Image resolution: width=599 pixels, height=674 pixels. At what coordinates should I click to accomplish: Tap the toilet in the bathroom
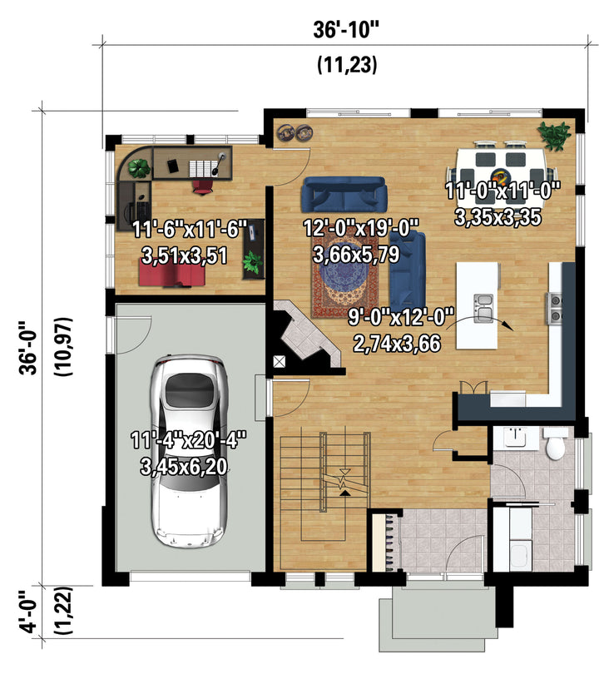[555, 444]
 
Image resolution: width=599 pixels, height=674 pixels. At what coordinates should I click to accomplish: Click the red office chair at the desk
[202, 187]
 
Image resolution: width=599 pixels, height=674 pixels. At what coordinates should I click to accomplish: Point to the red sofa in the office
[172, 275]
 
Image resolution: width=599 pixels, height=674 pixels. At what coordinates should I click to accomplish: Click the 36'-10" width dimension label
[346, 31]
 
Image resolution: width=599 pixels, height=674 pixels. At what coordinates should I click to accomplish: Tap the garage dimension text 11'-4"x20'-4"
[188, 440]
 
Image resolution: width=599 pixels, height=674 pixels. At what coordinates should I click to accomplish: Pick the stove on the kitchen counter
[554, 308]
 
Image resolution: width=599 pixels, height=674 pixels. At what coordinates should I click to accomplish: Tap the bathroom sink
[516, 437]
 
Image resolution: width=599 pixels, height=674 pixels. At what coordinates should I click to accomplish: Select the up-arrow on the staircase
[344, 493]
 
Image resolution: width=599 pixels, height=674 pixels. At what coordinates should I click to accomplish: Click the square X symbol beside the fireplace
[280, 361]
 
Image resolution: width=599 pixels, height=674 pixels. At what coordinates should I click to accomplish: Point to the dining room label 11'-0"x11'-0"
[502, 191]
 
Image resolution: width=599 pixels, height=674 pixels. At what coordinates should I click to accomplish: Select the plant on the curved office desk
[138, 168]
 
